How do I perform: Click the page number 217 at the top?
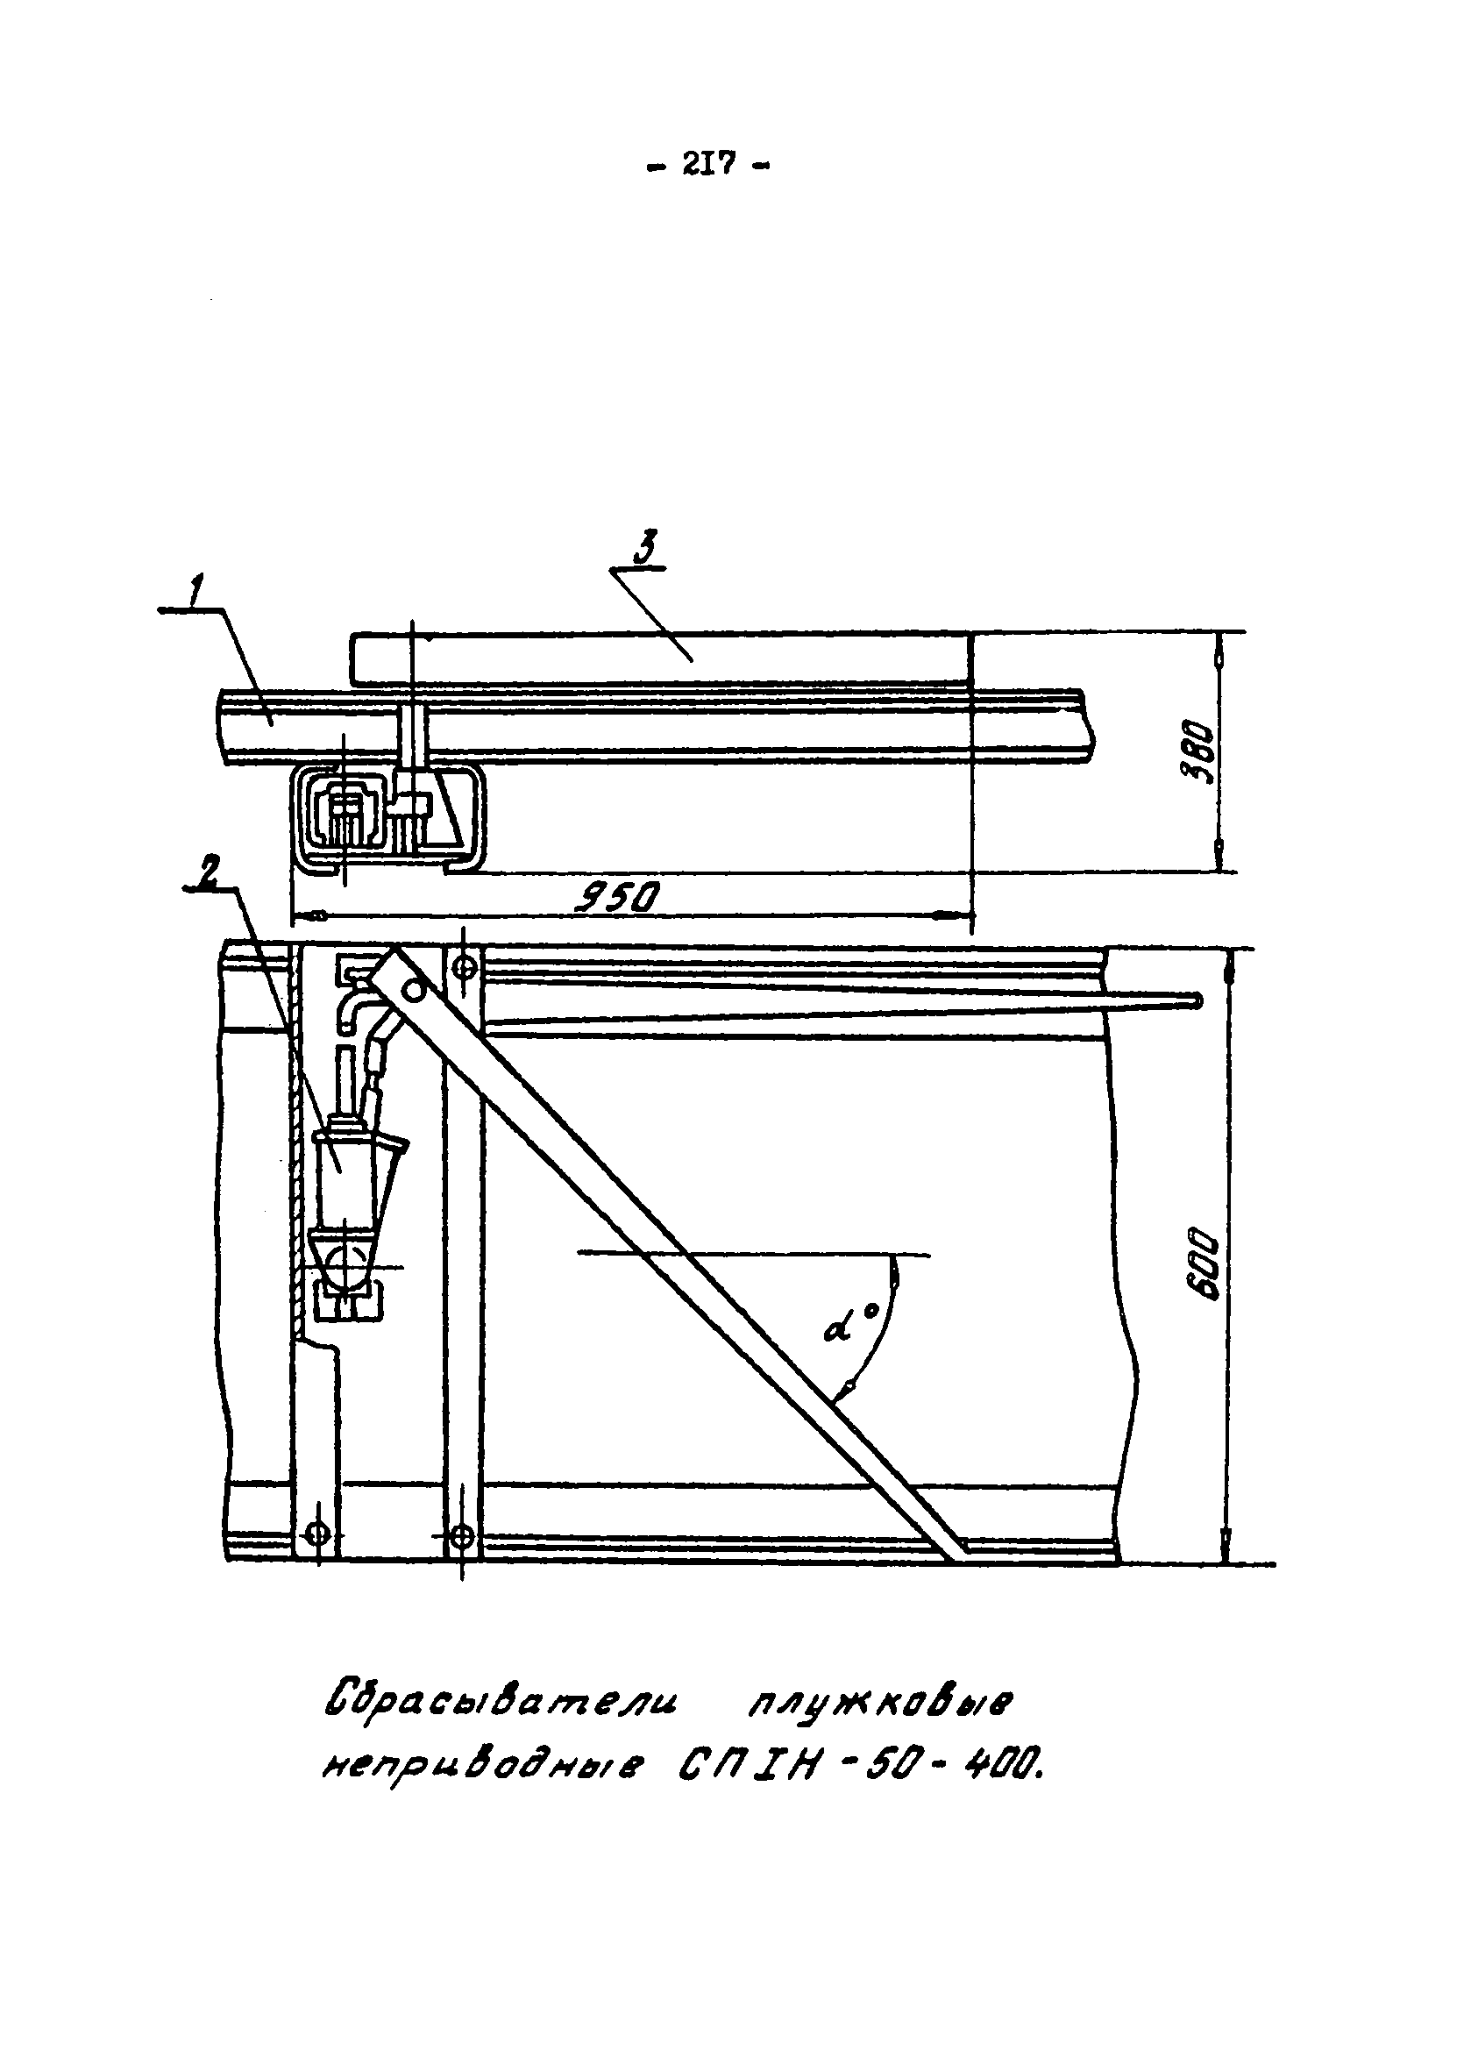708,165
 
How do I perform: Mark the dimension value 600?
1206,1263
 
